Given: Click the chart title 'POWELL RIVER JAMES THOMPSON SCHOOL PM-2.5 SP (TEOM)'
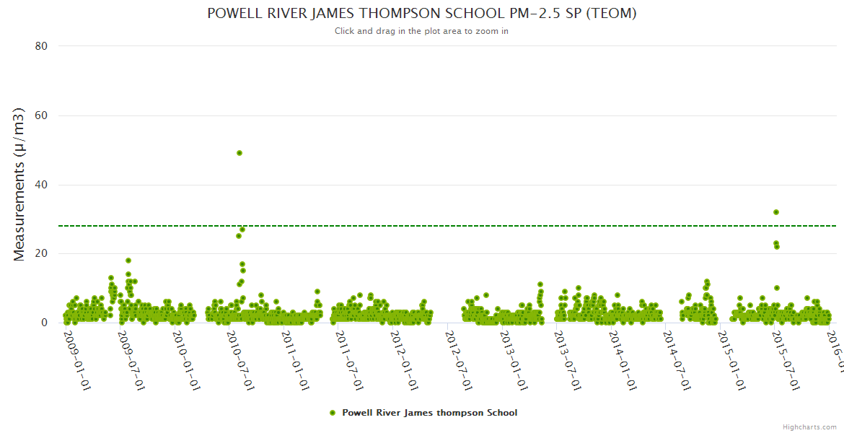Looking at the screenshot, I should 421,14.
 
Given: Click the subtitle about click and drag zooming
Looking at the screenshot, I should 421,31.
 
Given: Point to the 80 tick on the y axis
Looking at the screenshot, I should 41,46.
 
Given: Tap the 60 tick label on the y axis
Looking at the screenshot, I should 41,115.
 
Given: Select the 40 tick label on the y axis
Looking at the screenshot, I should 41,185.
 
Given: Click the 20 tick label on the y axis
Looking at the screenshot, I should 41,253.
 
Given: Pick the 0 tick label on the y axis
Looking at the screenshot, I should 45,323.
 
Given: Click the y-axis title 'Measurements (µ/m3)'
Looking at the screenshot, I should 19,184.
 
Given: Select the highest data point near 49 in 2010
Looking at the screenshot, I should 239,153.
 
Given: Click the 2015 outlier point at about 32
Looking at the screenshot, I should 776,212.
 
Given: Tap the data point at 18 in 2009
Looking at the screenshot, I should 128,261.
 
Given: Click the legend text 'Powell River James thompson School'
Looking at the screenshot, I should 429,413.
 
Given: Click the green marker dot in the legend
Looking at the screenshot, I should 333,413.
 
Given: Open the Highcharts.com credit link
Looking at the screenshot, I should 809,427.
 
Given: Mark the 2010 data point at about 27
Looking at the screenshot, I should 243,229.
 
